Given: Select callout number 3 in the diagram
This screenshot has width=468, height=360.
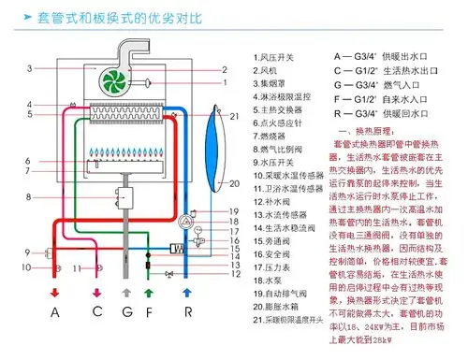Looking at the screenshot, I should click(x=31, y=69).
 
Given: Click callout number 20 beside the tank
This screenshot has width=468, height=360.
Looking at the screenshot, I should click(x=235, y=185).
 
